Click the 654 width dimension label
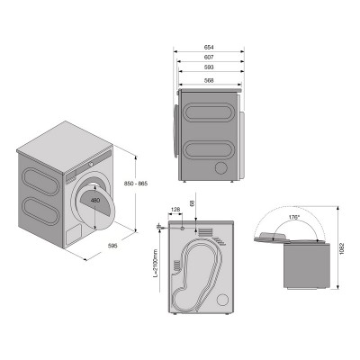209,47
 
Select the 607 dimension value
209,57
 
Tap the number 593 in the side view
209,67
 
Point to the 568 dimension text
209,80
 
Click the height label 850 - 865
136,184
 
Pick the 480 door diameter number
95,201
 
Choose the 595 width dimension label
112,246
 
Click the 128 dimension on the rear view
175,210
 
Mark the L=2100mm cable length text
156,264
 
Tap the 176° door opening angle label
294,217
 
